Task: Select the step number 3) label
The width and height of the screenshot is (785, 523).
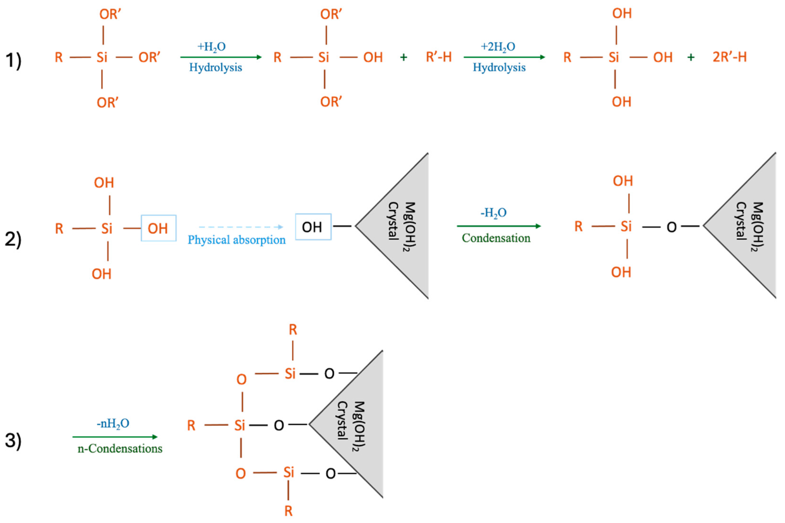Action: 13,440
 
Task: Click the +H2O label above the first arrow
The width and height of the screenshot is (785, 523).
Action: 211,46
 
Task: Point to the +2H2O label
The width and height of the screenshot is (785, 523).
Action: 498,46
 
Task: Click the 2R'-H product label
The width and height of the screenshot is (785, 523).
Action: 730,57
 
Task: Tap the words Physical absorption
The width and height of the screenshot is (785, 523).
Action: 236,240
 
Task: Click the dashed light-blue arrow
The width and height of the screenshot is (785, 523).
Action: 241,227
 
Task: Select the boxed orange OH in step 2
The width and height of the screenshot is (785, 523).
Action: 158,228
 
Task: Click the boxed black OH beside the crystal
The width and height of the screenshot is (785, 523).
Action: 313,227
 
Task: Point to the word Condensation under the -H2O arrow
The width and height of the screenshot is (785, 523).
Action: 496,238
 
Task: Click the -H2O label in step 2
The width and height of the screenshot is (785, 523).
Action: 493,212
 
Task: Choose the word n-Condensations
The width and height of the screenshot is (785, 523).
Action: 120,449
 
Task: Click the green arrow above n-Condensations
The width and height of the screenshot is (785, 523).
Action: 115,436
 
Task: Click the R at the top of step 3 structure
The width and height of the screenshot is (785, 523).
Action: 293,330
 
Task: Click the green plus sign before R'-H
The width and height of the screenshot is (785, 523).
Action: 403,57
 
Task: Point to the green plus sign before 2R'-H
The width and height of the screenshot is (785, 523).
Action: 691,57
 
